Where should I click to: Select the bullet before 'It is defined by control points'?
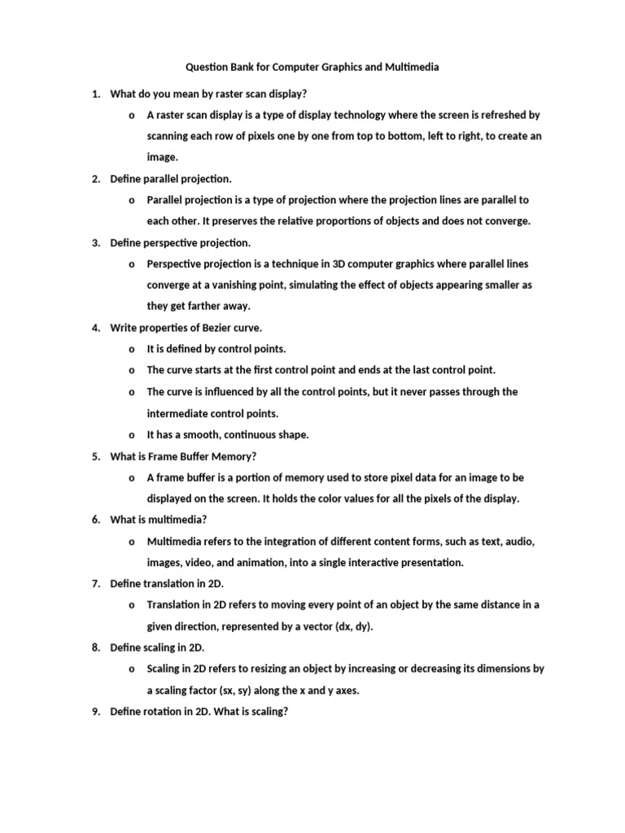pos(131,349)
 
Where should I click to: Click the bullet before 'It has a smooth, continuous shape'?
pos(131,435)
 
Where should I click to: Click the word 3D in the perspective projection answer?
pos(343,264)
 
